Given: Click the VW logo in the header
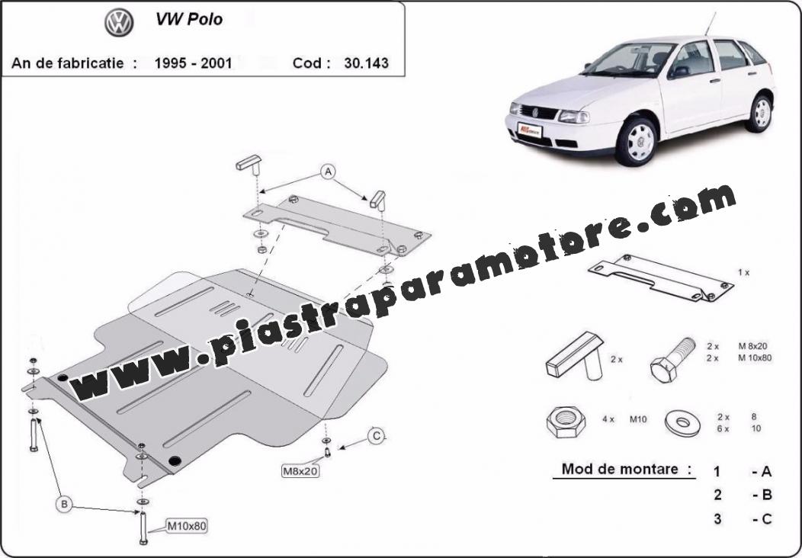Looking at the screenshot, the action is (x=119, y=23).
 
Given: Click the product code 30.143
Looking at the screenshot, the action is (x=366, y=63).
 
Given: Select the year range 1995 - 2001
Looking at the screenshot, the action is (x=194, y=63).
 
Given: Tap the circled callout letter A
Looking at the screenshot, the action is (x=328, y=172).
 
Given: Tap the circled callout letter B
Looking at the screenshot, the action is (x=65, y=505).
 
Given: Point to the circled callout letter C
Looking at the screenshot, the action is (x=376, y=436).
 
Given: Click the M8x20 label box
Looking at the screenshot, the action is (x=300, y=470).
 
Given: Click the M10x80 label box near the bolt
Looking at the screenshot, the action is (x=186, y=526).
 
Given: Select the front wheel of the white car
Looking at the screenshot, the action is (x=637, y=141).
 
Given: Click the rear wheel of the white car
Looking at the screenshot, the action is (x=760, y=113).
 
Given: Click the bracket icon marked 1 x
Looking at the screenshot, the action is (x=660, y=277).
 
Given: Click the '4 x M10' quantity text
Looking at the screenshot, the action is (x=624, y=419).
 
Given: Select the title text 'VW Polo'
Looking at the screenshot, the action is (x=189, y=19).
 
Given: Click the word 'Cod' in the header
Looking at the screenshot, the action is (x=307, y=63).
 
